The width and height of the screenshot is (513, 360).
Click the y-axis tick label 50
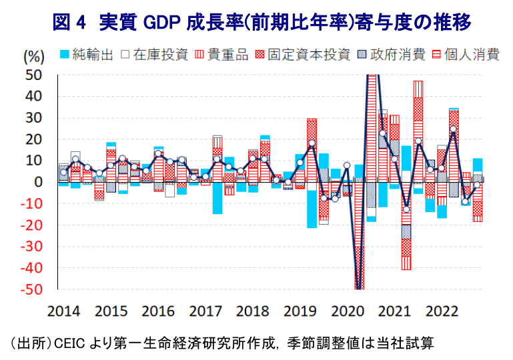pyautogui.click(x=33, y=75)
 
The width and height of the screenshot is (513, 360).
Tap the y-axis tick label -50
pyautogui.click(x=31, y=291)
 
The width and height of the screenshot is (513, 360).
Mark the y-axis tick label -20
pyautogui.click(x=31, y=226)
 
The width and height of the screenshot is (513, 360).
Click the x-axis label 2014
pyautogui.click(x=64, y=311)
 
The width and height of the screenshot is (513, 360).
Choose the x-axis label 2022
pyautogui.click(x=441, y=311)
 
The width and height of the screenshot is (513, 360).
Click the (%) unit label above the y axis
pyautogui.click(x=33, y=57)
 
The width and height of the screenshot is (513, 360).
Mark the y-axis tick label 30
pyautogui.click(x=33, y=118)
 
